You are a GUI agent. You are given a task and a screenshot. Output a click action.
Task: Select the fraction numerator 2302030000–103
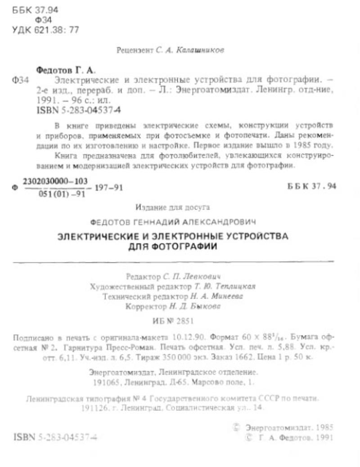click(x=59, y=178)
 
